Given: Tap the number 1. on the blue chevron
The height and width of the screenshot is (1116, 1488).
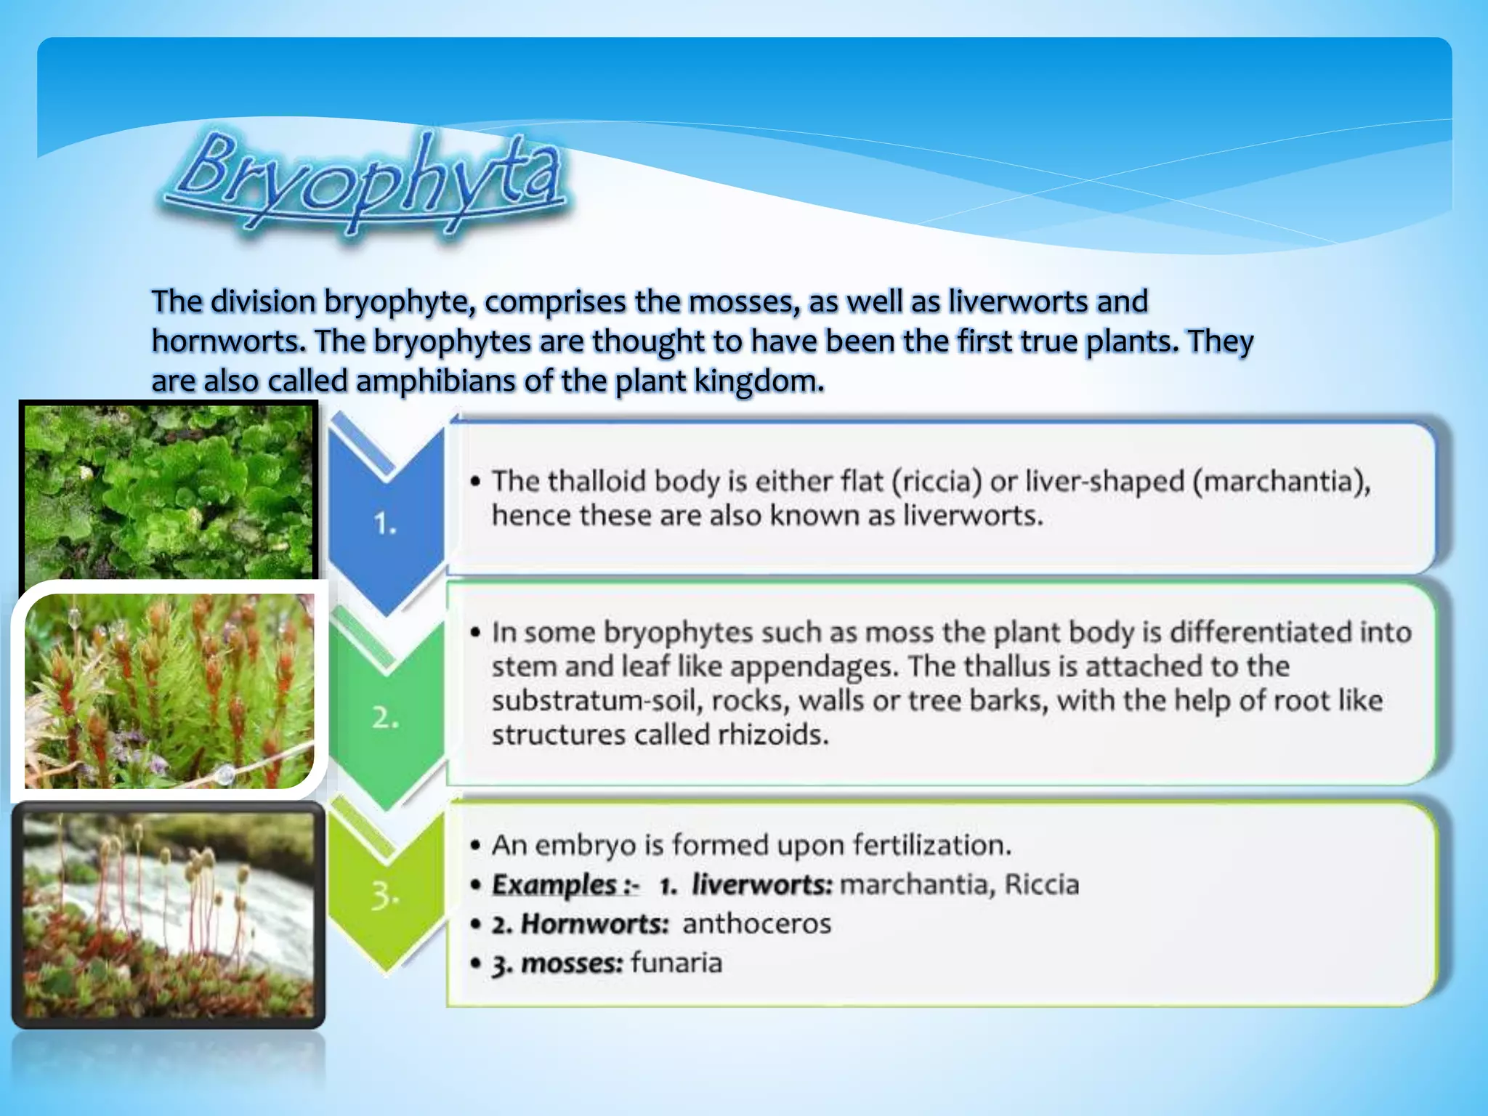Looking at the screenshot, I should (x=384, y=523).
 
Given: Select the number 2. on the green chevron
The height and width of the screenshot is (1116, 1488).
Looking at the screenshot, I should (x=385, y=718).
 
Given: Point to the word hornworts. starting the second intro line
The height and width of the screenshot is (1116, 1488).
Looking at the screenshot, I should (x=228, y=341).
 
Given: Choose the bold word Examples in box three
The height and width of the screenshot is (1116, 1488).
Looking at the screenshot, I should (x=554, y=884).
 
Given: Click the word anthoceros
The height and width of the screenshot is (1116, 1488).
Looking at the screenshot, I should (x=756, y=923).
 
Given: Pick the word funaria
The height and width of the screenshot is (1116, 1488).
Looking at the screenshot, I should (x=676, y=963).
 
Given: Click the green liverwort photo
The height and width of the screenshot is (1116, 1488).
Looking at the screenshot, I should (x=169, y=492).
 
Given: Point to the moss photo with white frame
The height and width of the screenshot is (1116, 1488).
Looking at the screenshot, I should (x=169, y=690).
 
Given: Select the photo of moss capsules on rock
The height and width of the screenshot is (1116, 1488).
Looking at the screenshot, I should (x=169, y=914).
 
